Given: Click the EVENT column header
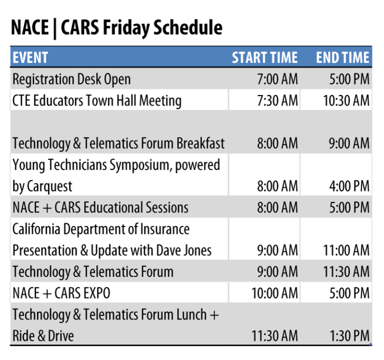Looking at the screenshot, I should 30,58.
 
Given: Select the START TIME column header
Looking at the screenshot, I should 264,58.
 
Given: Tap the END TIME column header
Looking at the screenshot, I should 342,58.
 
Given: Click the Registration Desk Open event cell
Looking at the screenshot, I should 71,79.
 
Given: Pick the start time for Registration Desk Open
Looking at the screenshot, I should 277,79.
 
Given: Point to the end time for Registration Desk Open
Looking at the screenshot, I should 349,79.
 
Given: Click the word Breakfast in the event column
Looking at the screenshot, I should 200,143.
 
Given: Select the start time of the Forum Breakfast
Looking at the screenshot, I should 277,143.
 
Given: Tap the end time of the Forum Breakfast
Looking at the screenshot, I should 349,143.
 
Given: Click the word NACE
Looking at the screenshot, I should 26,207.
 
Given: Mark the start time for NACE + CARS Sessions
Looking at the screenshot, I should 277,207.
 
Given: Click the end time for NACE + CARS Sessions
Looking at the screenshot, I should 349,207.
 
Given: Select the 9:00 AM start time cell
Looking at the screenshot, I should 277,272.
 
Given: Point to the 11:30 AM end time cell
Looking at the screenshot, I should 346,272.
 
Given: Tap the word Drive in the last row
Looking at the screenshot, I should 61,336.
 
